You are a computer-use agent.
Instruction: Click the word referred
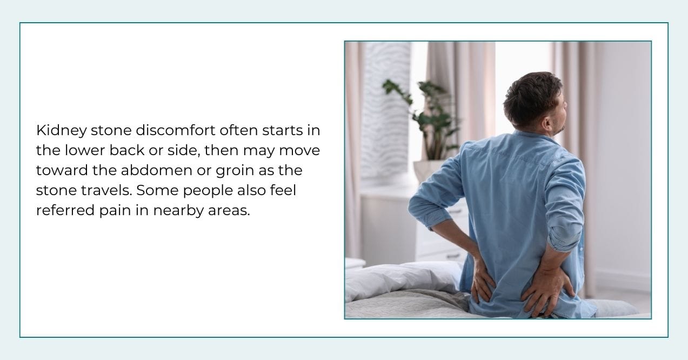click(61, 210)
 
